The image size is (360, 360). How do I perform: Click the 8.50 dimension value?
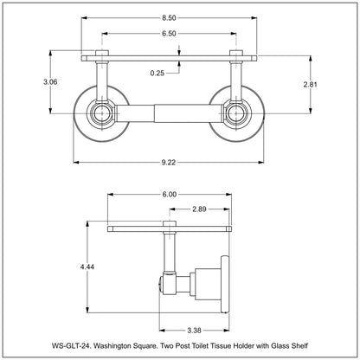[181, 18]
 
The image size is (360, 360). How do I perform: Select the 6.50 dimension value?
[181, 33]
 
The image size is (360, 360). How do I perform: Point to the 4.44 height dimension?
[87, 268]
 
